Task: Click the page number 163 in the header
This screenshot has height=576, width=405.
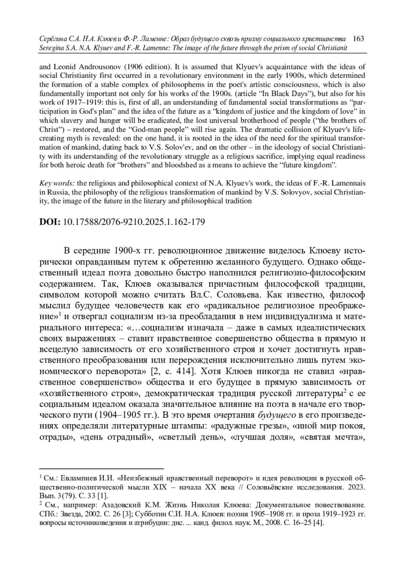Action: (x=358, y=38)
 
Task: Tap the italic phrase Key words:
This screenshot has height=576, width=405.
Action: (x=57, y=183)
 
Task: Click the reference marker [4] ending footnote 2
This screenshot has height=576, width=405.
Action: (x=319, y=523)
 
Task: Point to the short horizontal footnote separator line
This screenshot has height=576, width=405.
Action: (x=101, y=468)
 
